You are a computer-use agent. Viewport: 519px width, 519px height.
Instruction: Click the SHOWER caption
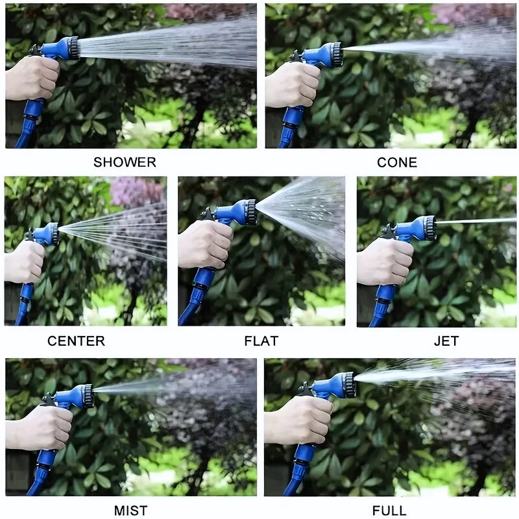[x=125, y=162]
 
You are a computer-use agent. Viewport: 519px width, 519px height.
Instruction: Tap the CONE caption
[x=397, y=163]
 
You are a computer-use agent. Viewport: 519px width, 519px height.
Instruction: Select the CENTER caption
[x=76, y=341]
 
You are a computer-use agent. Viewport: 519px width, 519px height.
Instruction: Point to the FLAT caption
[x=261, y=341]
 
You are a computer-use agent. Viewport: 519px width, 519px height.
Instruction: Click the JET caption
[x=446, y=341]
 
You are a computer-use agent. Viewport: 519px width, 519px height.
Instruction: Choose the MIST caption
[x=131, y=511]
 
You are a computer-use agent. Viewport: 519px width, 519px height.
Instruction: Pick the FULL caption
[x=389, y=511]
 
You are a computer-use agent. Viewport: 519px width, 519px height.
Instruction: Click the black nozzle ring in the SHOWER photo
[x=73, y=48]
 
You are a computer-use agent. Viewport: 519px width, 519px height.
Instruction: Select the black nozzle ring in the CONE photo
[x=336, y=54]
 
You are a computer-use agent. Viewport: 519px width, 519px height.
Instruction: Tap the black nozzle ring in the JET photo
[x=431, y=228]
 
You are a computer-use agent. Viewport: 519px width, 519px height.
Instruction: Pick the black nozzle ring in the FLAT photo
[x=251, y=212]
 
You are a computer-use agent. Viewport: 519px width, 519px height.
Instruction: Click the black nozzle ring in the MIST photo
[x=88, y=396]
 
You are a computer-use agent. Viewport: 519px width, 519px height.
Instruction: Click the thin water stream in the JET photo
[x=476, y=221]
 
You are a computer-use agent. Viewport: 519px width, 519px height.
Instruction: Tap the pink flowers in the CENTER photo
[x=136, y=191]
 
